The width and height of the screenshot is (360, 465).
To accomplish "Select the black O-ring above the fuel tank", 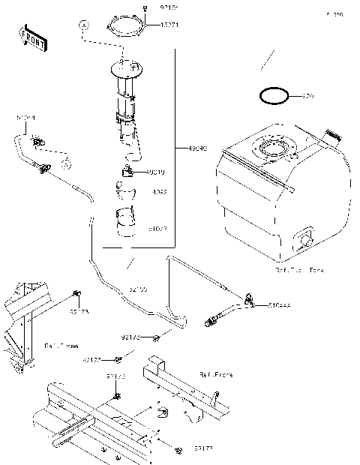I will point(272,96).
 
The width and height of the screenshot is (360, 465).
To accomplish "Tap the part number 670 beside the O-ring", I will point(307,97).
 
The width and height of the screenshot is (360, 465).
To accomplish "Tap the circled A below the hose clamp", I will point(66,163).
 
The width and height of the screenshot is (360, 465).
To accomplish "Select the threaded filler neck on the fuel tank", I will point(331,136).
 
